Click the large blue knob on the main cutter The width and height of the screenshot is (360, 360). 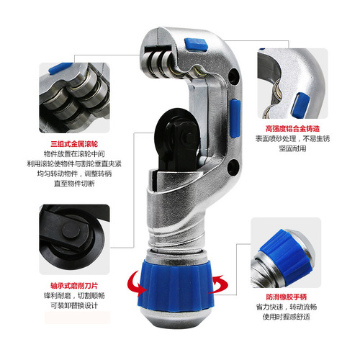point(179,277)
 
